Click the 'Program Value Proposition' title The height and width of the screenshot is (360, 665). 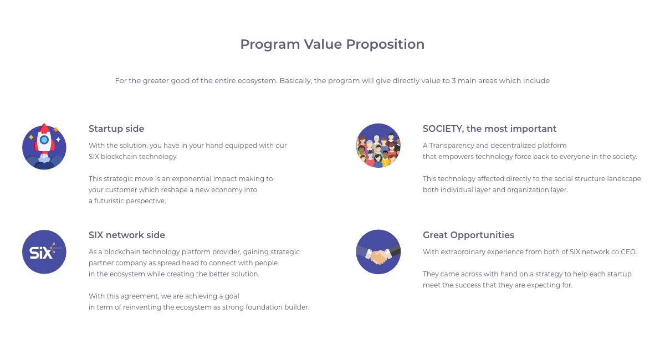(x=332, y=44)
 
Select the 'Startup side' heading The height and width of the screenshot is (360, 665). (x=116, y=128)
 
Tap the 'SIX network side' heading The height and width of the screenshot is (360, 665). (x=127, y=235)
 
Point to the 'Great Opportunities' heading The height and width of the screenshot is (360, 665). (x=468, y=235)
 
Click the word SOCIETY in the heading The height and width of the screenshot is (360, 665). (x=442, y=129)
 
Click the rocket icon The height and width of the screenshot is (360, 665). (x=44, y=147)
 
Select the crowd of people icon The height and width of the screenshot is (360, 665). (x=378, y=146)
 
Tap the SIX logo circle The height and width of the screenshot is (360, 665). (x=44, y=251)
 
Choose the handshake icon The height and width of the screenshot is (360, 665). (x=378, y=251)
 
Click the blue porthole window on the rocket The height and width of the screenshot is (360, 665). (x=44, y=140)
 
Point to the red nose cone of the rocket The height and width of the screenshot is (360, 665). (x=44, y=128)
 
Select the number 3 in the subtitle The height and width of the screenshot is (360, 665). (x=453, y=81)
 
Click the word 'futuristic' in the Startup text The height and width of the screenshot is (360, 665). (x=109, y=201)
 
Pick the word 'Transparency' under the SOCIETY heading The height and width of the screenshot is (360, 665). (x=451, y=146)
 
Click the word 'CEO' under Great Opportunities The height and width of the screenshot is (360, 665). (x=628, y=252)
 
